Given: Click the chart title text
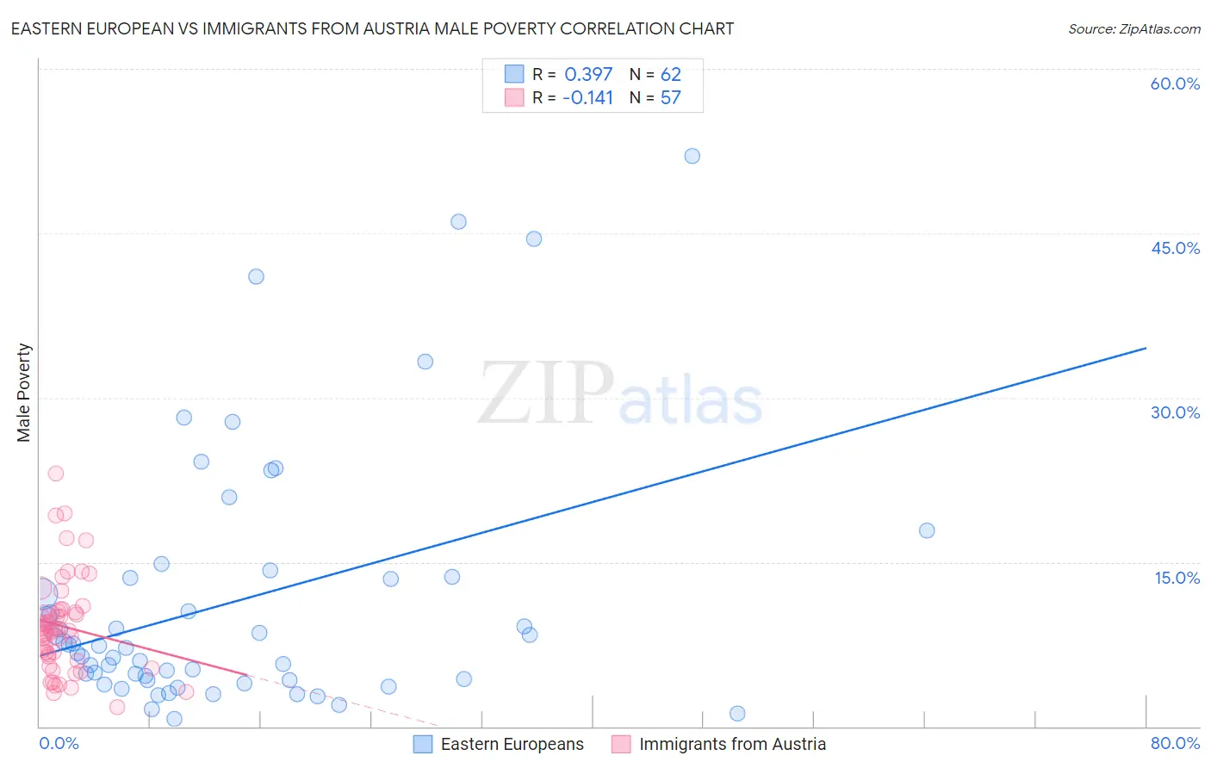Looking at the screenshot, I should coord(372,28).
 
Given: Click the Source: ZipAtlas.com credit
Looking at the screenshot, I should coord(1133,28).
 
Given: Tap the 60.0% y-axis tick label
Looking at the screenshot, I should coord(1175,84).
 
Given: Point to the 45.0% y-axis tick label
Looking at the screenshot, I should coord(1175,248).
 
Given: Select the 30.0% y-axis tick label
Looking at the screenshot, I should coord(1175,412).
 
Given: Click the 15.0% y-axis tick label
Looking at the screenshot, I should coord(1177,578).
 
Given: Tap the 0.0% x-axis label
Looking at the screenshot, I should coord(59,743).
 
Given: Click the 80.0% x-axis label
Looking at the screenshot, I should coord(1175,743).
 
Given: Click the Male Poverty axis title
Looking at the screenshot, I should coord(24,393).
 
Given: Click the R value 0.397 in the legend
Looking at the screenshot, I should coord(588,75).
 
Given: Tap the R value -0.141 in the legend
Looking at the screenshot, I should coord(587,98).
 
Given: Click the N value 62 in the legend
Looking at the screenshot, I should coord(670,75).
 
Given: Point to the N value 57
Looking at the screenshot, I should coord(670,98).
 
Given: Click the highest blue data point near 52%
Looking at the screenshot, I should coord(692,156).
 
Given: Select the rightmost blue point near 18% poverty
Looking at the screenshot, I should coord(927,530).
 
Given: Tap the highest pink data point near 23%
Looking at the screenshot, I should coord(56,474).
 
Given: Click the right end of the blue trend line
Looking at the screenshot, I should coord(1146,348).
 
